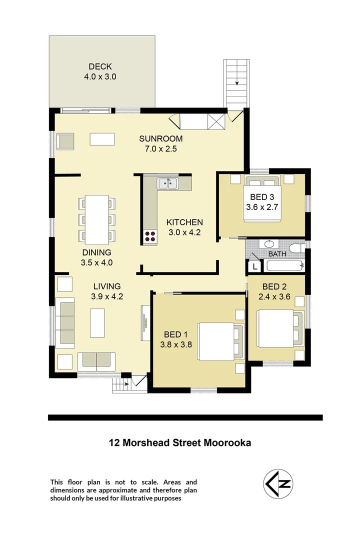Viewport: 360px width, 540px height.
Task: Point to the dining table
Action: tap(97, 218)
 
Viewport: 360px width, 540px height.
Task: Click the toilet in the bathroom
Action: tap(297, 248)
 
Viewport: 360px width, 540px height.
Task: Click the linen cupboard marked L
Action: tap(254, 266)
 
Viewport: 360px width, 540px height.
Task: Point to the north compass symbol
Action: tap(278, 484)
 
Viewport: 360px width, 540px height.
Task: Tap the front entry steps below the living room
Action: tap(120, 384)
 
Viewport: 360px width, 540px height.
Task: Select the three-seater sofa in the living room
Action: tap(65, 323)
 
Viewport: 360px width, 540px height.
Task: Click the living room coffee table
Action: tap(97, 323)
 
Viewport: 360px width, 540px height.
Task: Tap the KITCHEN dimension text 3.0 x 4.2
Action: tap(184, 232)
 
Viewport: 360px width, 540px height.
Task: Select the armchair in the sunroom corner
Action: tap(65, 141)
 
